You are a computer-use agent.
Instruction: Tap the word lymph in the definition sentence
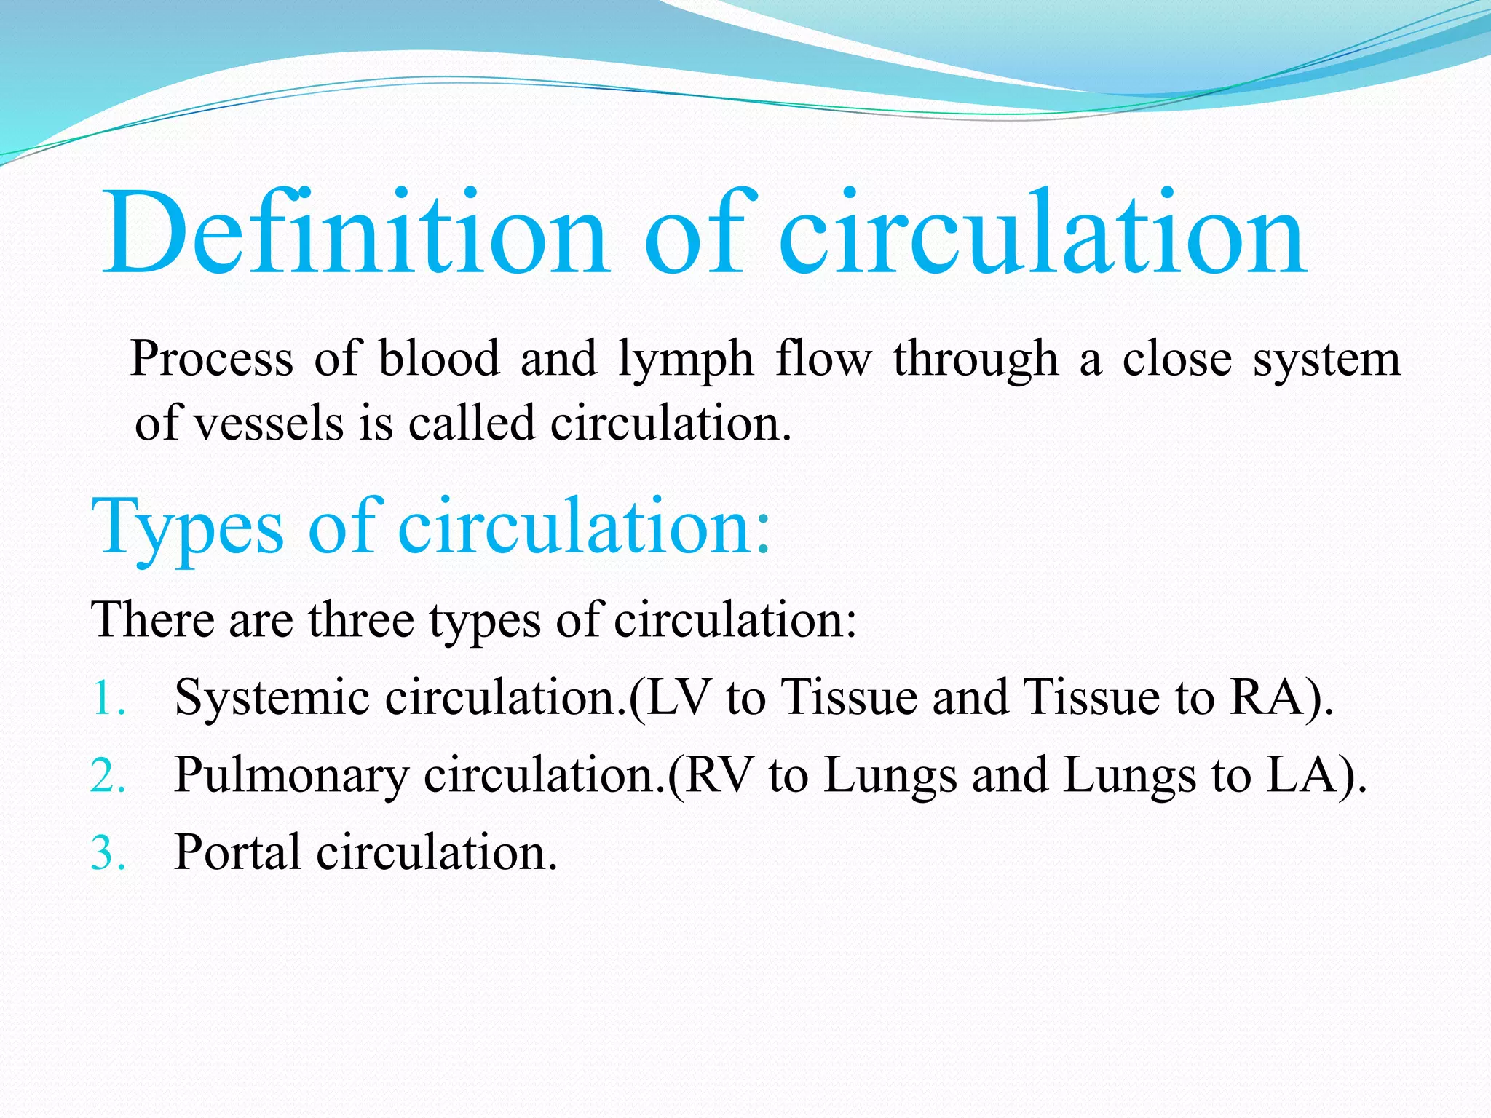pos(685,360)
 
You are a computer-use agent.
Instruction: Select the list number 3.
pos(108,853)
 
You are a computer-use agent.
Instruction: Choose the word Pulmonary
pos(291,776)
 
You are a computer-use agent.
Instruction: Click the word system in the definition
pos(1326,360)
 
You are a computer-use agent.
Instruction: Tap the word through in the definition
pos(976,360)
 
